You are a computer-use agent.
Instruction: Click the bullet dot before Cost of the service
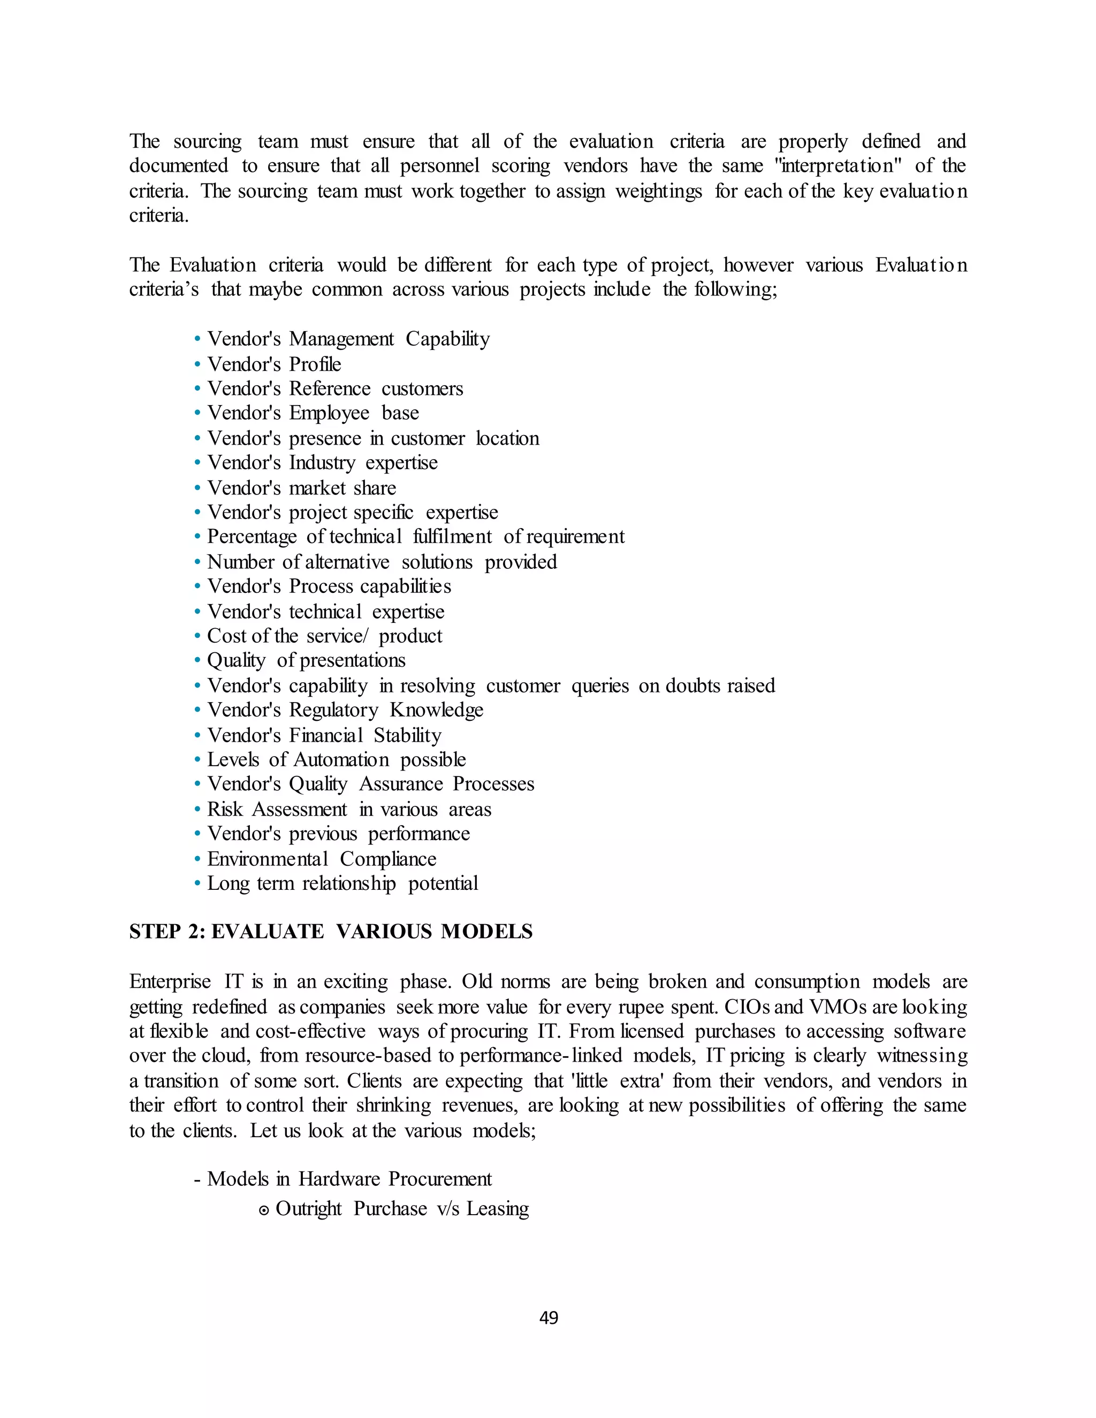tap(197, 636)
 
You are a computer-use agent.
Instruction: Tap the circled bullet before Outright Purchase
tap(264, 1210)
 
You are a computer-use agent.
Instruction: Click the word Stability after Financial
tap(407, 736)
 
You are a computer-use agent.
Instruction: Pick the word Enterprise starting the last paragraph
tap(170, 982)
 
